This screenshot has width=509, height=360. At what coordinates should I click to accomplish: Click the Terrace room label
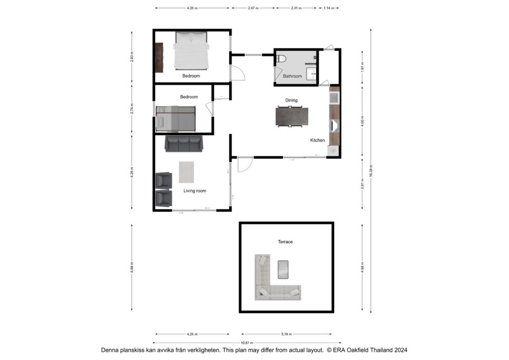tap(285, 242)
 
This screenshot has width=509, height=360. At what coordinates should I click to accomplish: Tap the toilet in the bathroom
tap(281, 59)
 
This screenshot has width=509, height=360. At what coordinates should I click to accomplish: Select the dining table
tap(292, 116)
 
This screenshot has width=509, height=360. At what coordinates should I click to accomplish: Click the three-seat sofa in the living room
tap(184, 144)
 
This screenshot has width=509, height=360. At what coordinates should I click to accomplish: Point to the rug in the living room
tap(186, 172)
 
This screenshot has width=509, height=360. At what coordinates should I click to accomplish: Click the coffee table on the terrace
tap(283, 270)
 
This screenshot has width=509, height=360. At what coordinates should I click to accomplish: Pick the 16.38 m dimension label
tap(371, 171)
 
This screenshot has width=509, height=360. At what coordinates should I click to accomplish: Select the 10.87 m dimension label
tap(247, 343)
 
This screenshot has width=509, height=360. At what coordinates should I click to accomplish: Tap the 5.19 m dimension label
tap(286, 334)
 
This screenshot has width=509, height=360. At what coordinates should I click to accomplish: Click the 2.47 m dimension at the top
tap(253, 8)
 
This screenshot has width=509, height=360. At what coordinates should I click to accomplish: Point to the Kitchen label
tap(317, 140)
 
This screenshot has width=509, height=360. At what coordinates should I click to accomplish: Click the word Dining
tap(291, 100)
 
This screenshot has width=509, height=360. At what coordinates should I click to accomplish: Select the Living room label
tap(195, 191)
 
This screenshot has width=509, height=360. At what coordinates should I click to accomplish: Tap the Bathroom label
tap(292, 76)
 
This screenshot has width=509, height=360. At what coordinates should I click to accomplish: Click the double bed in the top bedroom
tap(191, 51)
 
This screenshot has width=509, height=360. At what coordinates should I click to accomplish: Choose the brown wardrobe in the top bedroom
tap(159, 58)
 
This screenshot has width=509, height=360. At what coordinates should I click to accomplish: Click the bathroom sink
tap(311, 74)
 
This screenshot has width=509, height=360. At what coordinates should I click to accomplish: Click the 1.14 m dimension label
tap(329, 8)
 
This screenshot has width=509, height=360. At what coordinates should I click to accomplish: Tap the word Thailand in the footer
tap(382, 350)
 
